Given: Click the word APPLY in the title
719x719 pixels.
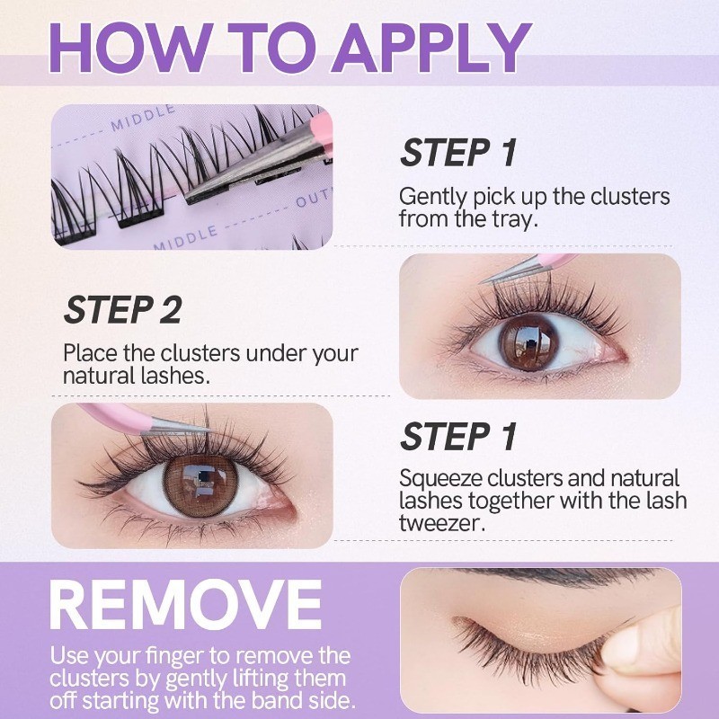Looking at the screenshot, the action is point(431,48).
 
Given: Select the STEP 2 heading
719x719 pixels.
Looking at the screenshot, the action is point(122,310).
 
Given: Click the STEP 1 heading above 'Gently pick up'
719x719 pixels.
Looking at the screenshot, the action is point(458,153).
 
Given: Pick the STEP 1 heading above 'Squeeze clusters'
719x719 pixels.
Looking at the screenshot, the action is point(458,437).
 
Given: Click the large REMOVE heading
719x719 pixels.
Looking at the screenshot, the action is point(185,605).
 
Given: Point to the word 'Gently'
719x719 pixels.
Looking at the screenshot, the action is point(432,198).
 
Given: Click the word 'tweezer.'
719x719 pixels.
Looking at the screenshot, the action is point(442,523).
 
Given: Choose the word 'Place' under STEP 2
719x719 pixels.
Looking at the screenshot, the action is point(92,353).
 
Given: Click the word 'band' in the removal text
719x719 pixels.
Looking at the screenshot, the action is point(277,701).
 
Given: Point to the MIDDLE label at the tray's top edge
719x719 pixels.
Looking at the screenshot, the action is point(143,118).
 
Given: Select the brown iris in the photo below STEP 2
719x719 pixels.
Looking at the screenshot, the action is point(200,486).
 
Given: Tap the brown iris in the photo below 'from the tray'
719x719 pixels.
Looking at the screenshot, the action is point(529,342).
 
